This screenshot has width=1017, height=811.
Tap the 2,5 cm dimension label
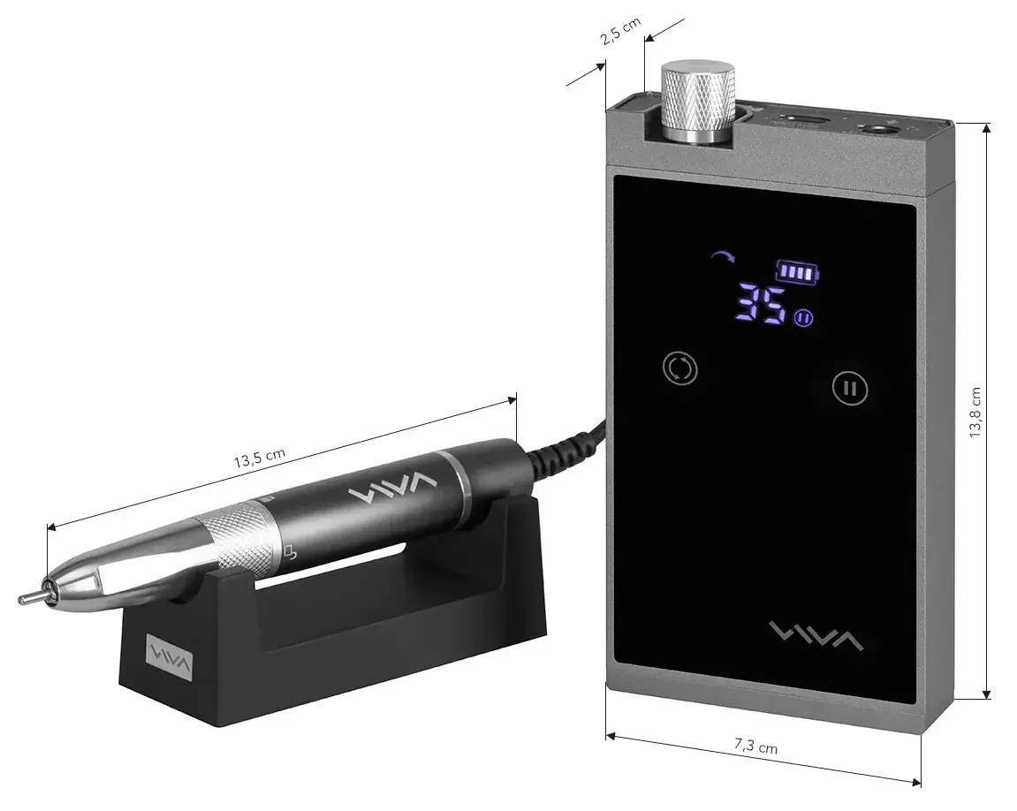point(620,34)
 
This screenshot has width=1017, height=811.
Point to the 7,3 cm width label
point(756,747)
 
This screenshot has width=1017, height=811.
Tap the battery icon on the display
point(797,272)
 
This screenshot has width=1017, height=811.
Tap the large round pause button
point(850,388)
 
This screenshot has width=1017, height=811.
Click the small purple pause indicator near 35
point(802,319)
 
